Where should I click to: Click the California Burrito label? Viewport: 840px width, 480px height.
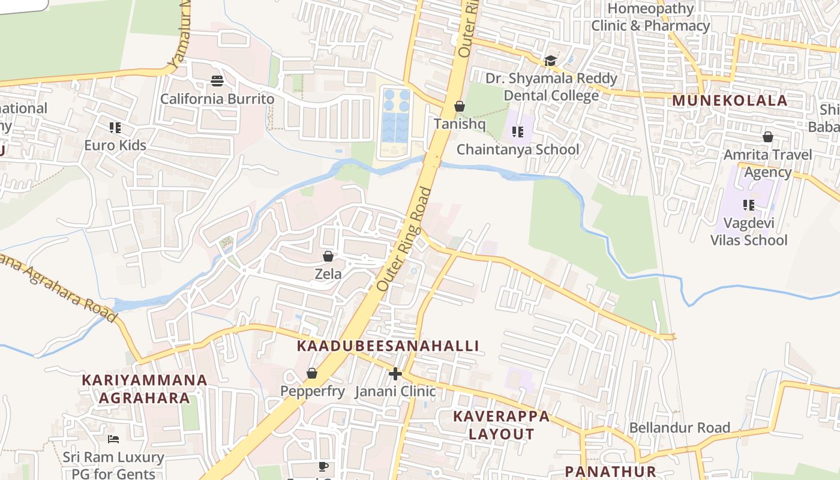coord(217,99)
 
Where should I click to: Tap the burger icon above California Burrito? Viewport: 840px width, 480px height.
coord(217,80)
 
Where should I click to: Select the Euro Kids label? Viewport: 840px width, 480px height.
coord(115,145)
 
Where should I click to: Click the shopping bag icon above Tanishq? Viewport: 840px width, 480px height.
coord(459,106)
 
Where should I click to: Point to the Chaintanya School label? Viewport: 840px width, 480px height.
coord(518,149)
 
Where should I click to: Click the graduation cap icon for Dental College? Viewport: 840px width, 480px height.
coord(550,61)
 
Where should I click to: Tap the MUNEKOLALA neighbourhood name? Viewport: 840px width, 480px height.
coord(730,101)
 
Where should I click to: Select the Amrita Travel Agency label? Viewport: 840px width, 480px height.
coord(767,163)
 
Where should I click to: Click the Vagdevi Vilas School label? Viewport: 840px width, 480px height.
coord(749,232)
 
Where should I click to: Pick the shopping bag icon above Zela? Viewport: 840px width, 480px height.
coord(328,257)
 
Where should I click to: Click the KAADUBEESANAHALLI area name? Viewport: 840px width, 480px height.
coord(388,346)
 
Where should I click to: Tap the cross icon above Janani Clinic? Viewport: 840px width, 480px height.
coord(395,374)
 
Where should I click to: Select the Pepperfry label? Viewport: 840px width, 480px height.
coord(313,391)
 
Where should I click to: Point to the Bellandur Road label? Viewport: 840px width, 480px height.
coord(679,428)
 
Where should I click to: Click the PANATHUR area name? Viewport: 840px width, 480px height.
coord(610,472)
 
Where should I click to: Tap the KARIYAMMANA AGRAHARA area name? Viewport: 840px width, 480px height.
coord(144,389)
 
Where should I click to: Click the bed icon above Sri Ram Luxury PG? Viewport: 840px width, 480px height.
coord(113,439)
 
